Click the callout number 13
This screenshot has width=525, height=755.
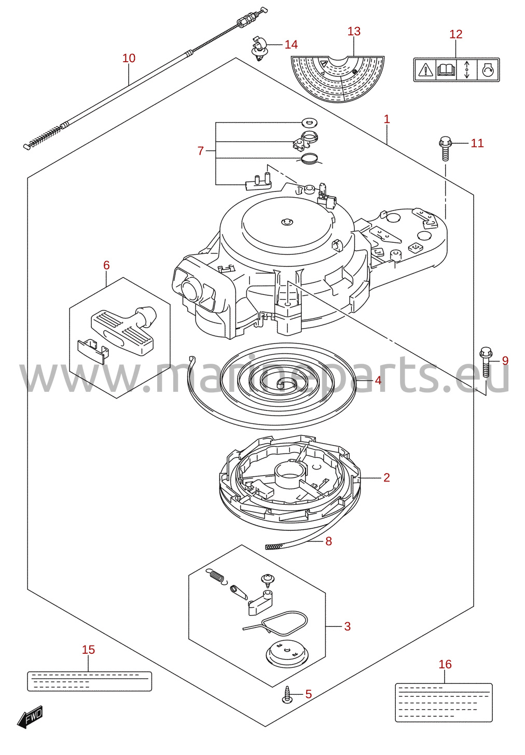354,31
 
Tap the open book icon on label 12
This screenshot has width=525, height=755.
446,70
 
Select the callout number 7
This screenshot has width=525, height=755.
200,150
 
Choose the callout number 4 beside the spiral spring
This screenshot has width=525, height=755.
378,380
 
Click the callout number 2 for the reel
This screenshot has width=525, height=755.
386,477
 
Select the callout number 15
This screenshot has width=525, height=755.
88,650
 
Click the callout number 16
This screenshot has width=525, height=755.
445,664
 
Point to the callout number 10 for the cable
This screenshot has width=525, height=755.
129,58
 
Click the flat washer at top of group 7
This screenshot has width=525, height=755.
307,122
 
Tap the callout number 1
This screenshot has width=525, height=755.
387,119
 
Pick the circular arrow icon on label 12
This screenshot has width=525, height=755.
488,70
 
